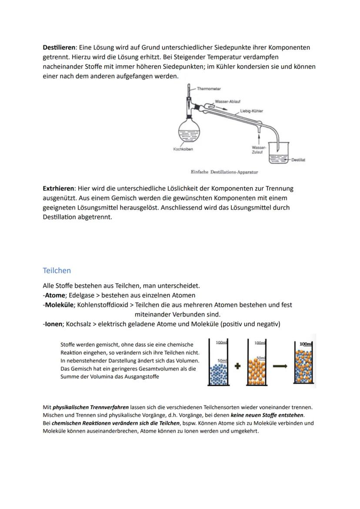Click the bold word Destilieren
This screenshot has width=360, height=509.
coord(59,47)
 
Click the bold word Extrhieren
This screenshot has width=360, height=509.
coord(58,189)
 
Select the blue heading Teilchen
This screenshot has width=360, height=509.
coord(57,270)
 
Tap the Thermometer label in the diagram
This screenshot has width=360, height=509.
coord(209,89)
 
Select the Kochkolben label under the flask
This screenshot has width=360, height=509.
coord(183,149)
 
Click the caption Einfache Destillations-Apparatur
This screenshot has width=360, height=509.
coord(224,172)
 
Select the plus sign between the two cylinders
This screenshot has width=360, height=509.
coord(237,366)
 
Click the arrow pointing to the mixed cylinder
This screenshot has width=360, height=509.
coord(280,366)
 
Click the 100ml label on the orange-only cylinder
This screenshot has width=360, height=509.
coord(260,343)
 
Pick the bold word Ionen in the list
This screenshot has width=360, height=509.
coord(53,324)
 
